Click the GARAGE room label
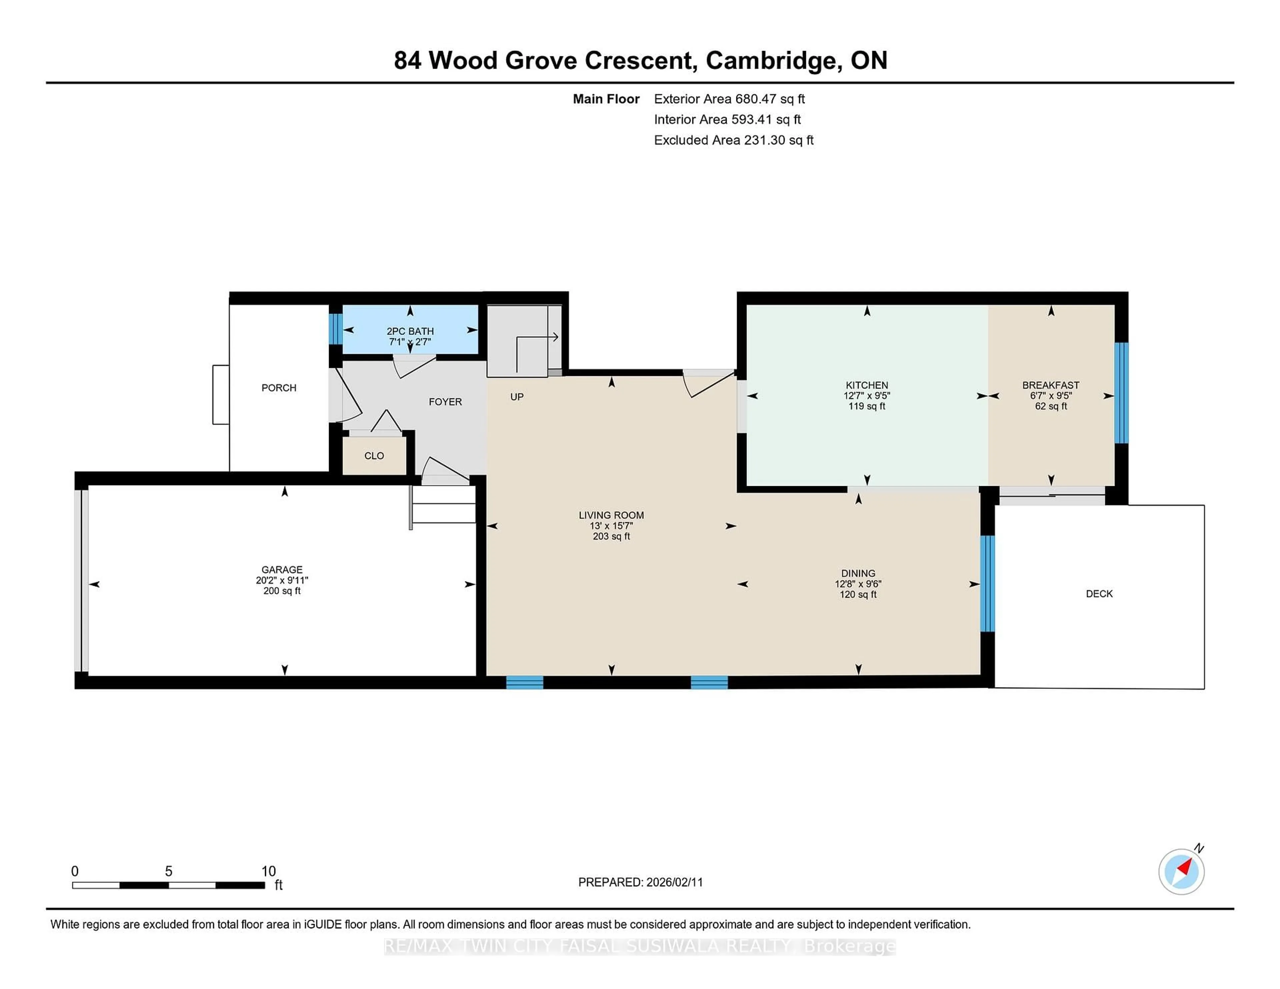[x=282, y=569]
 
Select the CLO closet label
[x=374, y=456]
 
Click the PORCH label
[x=279, y=388]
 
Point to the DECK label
[x=1099, y=593]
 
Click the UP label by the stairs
[x=516, y=397]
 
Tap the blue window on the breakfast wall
[x=1121, y=393]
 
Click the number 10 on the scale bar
[x=268, y=871]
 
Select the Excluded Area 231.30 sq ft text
[x=733, y=140]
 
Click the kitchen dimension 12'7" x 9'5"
[x=866, y=396]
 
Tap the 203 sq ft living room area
[x=611, y=536]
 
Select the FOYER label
[x=445, y=402]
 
